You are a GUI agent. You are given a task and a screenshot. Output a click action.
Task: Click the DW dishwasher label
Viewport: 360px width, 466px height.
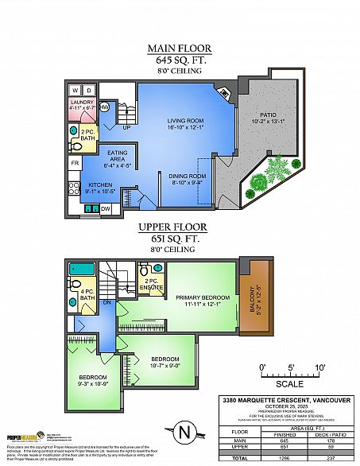106,209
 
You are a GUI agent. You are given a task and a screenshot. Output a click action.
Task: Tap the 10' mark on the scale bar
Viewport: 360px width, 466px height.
320,367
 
